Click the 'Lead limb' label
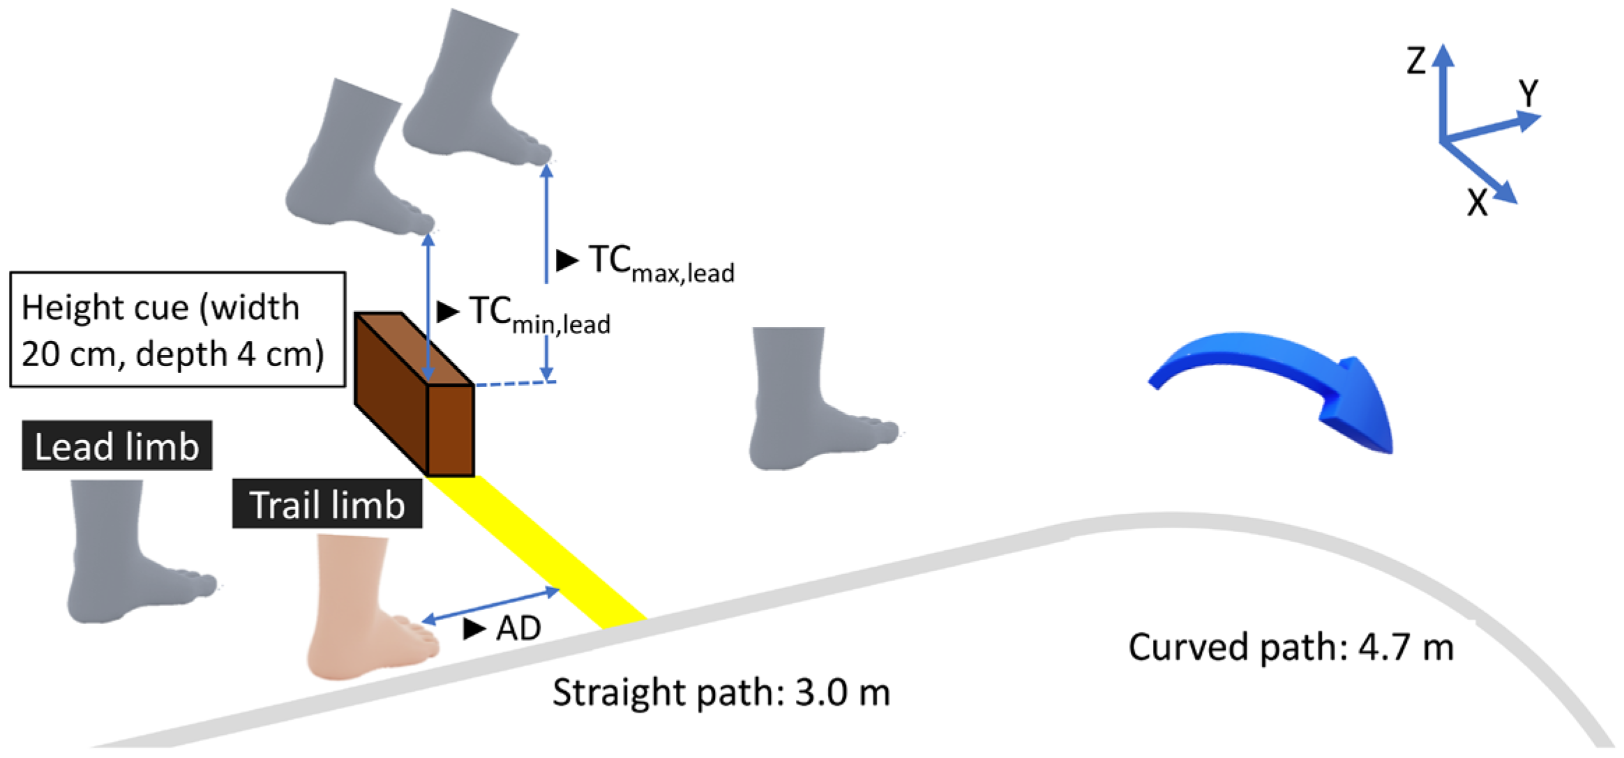pos(116,446)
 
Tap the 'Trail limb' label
pos(326,504)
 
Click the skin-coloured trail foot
pos(363,614)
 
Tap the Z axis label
pos(1416,61)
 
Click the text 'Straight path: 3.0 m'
pos(721,692)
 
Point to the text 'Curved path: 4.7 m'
pos(1291,647)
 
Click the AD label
pos(518,628)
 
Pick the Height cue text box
pos(177,330)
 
